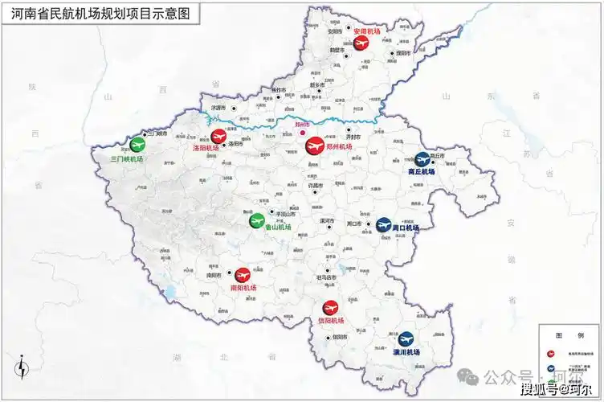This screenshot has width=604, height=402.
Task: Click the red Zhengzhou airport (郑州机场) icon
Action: point(314,146)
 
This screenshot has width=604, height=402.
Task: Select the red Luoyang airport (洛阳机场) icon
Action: point(218,137)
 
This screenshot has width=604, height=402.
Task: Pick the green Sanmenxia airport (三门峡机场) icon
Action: point(138,146)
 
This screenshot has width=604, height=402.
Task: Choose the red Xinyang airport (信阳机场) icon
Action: point(330,307)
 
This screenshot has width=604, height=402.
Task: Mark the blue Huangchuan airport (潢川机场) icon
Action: point(406,338)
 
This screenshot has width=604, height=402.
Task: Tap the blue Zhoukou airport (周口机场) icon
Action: point(384,224)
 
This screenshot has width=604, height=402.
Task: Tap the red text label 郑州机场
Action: point(340,147)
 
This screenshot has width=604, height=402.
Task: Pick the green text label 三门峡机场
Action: point(127,159)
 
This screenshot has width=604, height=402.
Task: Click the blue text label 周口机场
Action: point(406,228)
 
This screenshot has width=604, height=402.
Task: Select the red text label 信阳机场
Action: point(330,321)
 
